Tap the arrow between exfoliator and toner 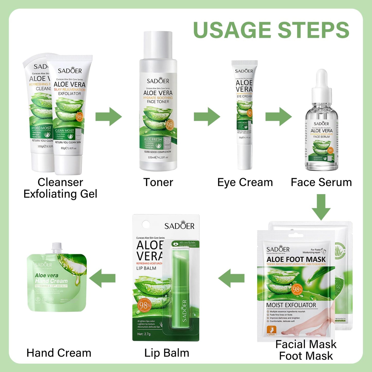click(x=108, y=117)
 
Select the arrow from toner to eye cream click(x=207, y=117)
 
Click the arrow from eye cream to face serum click(x=278, y=117)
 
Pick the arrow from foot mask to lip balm click(x=231, y=278)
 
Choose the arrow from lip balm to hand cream click(x=102, y=278)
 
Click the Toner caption click(x=158, y=182)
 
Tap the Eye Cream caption click(x=245, y=182)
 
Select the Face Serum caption click(x=321, y=182)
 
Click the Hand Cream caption click(x=59, y=353)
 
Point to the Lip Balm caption click(x=167, y=353)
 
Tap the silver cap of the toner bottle click(x=158, y=45)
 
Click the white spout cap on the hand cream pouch click(x=57, y=248)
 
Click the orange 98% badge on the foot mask click(x=297, y=290)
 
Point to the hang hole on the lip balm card click(x=146, y=224)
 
